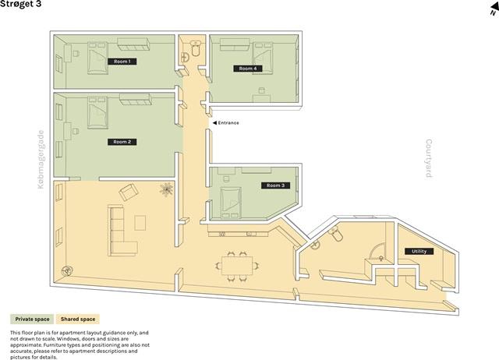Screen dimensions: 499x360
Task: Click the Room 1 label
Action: point(122,62)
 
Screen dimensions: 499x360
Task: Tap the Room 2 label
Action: point(122,142)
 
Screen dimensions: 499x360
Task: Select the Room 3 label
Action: point(275,185)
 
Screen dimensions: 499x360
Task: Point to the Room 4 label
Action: point(248,69)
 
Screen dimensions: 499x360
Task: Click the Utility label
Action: point(419,251)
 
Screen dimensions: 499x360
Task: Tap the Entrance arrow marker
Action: point(215,123)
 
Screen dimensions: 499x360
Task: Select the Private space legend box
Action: point(32,319)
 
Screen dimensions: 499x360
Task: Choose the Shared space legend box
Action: point(78,319)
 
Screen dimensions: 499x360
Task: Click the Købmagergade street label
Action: point(41,159)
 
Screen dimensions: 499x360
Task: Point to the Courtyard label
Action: point(429,158)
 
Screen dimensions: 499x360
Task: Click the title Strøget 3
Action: point(21,4)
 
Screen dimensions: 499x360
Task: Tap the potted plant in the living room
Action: point(166,189)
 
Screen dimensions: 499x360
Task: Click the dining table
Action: point(237,266)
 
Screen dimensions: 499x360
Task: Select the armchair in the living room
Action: point(129,192)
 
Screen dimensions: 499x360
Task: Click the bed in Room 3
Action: point(231,203)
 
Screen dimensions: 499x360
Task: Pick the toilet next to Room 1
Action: point(195,48)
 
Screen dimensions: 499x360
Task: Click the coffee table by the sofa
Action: point(140,223)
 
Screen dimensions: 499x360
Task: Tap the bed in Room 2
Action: point(97,113)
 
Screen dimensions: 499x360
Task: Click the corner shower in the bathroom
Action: point(377,251)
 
